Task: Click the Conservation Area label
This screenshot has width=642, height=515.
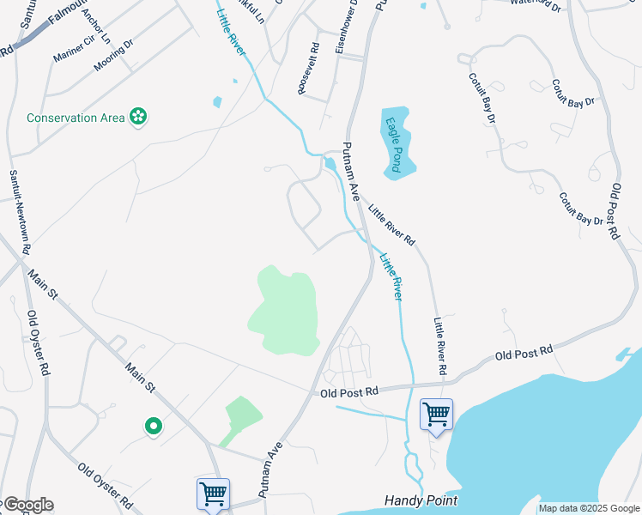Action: [75, 118]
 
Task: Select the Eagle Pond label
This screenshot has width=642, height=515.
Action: [394, 144]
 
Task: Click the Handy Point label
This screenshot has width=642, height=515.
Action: [421, 500]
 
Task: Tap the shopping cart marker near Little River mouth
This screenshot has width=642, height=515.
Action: [436, 415]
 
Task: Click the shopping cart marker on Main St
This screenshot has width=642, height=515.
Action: [213, 494]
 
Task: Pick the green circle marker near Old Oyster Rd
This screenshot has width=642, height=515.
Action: [153, 425]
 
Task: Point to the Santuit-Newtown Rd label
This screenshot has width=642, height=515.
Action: [21, 210]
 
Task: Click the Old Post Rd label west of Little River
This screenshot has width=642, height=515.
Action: [348, 391]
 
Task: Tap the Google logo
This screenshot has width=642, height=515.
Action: [28, 505]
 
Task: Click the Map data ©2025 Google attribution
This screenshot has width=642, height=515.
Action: [589, 508]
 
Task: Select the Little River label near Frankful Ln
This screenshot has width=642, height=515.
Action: [230, 33]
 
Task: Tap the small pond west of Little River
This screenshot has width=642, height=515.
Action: [217, 102]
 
